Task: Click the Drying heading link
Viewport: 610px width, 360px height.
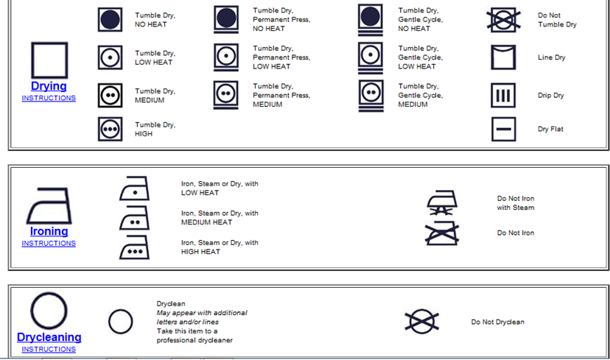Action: (x=49, y=86)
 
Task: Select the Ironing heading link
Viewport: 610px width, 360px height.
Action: (x=49, y=231)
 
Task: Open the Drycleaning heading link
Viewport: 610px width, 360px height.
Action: (x=49, y=337)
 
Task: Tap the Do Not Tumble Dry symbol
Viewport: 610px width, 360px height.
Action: (x=503, y=20)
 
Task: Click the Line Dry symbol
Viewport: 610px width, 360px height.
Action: (x=503, y=46)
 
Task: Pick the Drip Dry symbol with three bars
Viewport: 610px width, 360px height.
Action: (x=503, y=95)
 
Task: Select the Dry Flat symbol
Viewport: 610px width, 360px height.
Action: (x=503, y=129)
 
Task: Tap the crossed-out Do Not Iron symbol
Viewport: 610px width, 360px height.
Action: (x=442, y=233)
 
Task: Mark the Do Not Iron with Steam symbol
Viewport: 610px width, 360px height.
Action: (x=442, y=202)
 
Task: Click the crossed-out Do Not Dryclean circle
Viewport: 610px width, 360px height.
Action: (x=422, y=322)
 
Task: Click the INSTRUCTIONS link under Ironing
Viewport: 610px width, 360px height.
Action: (x=49, y=244)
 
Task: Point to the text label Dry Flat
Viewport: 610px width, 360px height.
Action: (x=550, y=129)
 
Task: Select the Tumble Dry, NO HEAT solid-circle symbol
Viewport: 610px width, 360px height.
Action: (x=110, y=19)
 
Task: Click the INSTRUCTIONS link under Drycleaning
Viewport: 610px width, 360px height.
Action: (x=49, y=350)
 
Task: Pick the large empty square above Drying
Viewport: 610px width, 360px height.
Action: (x=49, y=43)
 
